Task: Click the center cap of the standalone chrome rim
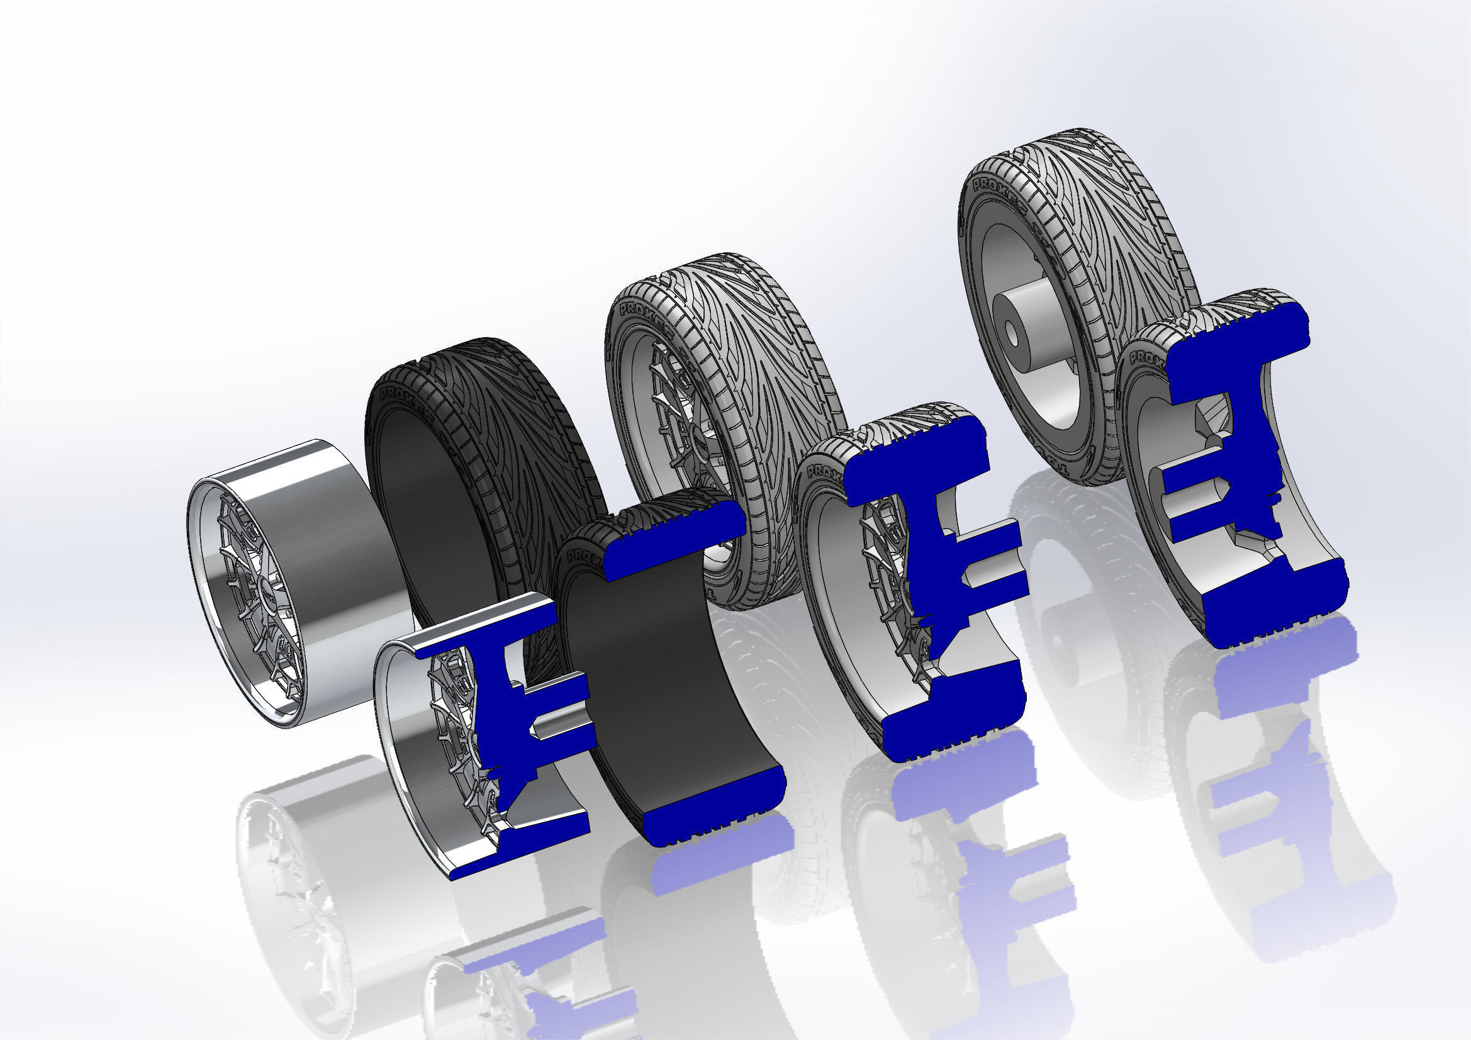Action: coord(264,584)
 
